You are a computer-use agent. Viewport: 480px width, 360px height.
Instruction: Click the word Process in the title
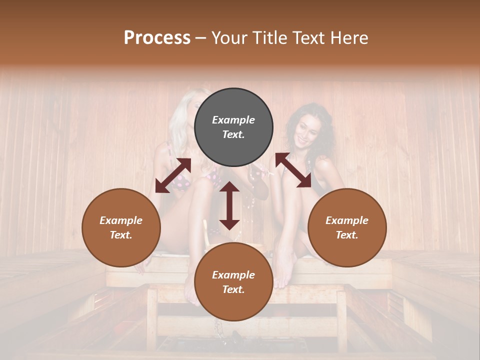click(x=157, y=38)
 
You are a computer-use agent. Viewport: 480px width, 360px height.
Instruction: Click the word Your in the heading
click(x=230, y=38)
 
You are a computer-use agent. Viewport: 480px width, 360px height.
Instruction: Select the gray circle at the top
click(x=233, y=127)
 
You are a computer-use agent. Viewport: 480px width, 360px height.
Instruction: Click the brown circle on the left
click(x=121, y=227)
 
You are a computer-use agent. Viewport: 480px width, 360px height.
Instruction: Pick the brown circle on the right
click(x=347, y=227)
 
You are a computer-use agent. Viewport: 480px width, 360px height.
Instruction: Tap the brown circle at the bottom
click(x=233, y=282)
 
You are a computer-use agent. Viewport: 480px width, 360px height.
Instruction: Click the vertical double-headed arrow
click(x=229, y=205)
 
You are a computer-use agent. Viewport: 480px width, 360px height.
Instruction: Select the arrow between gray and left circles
click(x=173, y=175)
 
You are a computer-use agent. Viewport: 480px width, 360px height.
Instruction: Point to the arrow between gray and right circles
click(x=293, y=170)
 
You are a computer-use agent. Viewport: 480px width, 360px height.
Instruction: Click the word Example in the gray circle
click(x=233, y=120)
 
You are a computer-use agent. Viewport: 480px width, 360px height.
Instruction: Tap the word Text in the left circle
click(x=121, y=235)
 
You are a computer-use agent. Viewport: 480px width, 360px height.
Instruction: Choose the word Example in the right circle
click(x=347, y=220)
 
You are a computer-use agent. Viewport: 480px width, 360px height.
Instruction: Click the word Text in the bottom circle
click(x=233, y=289)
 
